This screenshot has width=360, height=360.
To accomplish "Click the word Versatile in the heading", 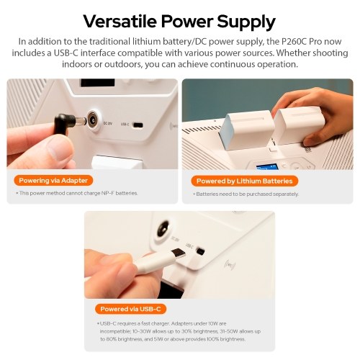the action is [120, 21].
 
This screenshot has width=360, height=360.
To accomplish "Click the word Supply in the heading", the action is [246, 22].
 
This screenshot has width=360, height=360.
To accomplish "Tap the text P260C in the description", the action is [294, 41].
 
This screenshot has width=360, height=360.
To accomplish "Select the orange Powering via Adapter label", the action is [53, 181].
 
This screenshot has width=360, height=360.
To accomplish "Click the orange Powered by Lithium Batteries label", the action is [245, 181].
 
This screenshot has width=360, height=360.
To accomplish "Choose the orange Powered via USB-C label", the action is [130, 309].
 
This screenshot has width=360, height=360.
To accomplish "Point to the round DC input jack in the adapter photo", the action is [93, 121].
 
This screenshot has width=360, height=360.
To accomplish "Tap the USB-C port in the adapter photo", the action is [138, 125].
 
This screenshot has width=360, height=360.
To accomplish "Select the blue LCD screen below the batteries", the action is [267, 166].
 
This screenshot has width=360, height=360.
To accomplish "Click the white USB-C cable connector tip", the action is [179, 253].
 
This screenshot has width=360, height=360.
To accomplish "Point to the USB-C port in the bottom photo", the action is [200, 251].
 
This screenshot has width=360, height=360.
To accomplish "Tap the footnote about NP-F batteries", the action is [77, 193].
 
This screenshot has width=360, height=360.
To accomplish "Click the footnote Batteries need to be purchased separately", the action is [246, 194].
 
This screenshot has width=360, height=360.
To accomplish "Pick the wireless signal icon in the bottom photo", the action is [230, 265].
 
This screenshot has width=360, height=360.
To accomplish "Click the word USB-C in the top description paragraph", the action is [66, 53].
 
